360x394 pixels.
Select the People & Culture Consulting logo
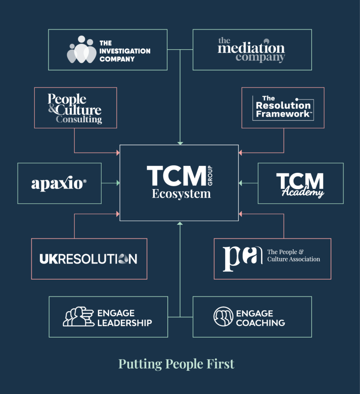[75, 108]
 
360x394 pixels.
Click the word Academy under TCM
[303, 192]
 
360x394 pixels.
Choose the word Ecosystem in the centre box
[181, 194]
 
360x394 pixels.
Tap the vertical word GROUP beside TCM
[210, 176]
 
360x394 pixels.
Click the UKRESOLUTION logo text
[88, 259]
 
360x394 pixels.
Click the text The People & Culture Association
[294, 256]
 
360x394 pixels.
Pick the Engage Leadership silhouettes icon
[78, 316]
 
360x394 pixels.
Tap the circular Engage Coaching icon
[223, 316]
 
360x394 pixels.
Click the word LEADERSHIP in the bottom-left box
[125, 323]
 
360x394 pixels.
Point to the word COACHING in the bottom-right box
[260, 323]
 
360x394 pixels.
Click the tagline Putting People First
[176, 364]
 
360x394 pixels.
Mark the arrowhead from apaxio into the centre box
[118, 183]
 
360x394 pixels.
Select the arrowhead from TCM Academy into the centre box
[240, 183]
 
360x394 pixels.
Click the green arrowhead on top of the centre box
[180, 143]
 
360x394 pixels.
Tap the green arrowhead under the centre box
[180, 223]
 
